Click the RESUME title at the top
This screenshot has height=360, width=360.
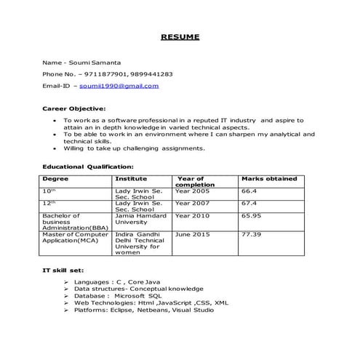(180, 36)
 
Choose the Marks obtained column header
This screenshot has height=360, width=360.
(268, 178)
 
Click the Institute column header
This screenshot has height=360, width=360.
(131, 178)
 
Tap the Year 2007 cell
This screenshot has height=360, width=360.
(191, 203)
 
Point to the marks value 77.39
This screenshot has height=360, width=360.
(251, 235)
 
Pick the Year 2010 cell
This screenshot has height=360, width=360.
(191, 216)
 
